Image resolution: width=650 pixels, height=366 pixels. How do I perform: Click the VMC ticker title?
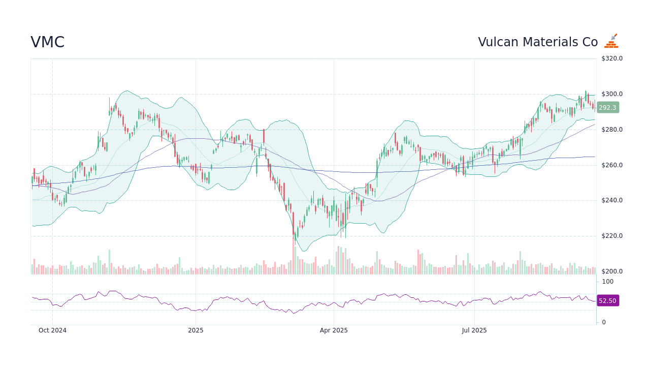(x=47, y=42)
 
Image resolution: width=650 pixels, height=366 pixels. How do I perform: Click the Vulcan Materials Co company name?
(x=538, y=42)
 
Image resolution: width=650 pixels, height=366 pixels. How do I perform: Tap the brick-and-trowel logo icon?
(x=611, y=41)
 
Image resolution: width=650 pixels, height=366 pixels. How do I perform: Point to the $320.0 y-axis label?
(x=612, y=58)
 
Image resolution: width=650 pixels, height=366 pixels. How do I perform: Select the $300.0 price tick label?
(x=612, y=94)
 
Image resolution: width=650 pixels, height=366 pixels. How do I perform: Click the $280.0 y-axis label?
(x=612, y=130)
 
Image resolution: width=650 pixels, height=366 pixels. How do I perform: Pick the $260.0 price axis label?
(x=612, y=165)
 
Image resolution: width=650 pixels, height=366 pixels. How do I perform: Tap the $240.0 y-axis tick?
(x=612, y=200)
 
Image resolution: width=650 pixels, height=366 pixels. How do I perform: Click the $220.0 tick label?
(x=612, y=236)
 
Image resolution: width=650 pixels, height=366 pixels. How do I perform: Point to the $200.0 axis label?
(x=612, y=271)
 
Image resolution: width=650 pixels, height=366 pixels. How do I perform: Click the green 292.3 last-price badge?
(x=607, y=108)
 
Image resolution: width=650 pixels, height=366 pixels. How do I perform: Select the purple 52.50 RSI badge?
(x=607, y=301)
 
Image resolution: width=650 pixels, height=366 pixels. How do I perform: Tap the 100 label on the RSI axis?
(x=608, y=282)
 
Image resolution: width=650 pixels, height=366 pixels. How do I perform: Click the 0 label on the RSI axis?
(x=604, y=322)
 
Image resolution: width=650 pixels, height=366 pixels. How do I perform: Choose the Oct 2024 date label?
(x=52, y=330)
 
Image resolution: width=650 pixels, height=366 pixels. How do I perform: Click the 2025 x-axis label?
(x=196, y=330)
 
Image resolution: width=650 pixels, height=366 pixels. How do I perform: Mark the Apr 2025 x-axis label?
(x=334, y=330)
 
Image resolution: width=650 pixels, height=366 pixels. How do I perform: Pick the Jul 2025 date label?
(x=474, y=330)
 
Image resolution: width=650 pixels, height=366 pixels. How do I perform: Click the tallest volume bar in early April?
(x=339, y=260)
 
